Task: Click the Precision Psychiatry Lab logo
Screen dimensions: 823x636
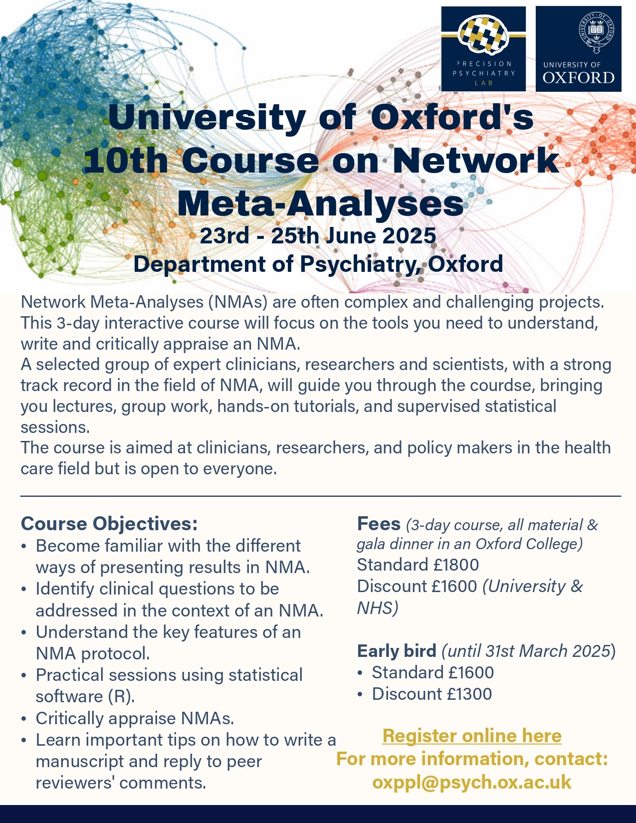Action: pos(483,49)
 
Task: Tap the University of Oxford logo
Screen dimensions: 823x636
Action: pos(578,49)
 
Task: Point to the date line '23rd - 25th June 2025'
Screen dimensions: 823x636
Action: pos(318,235)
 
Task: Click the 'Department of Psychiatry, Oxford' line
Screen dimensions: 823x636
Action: pos(318,264)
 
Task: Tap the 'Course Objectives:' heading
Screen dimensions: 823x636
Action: pos(109,524)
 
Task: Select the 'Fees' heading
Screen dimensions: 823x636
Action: pos(379,524)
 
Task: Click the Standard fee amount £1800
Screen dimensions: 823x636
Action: pos(456,565)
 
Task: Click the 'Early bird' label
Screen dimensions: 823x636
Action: pos(397,651)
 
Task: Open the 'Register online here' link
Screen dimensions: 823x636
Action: pos(472,736)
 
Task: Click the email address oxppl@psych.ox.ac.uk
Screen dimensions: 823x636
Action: pos(472,782)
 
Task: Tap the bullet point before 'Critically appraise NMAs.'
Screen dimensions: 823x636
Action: pos(24,719)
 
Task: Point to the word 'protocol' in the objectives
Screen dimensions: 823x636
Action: pos(117,653)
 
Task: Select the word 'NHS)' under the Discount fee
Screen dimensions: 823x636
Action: pos(378,608)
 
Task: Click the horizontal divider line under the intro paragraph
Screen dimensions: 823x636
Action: pos(320,496)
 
